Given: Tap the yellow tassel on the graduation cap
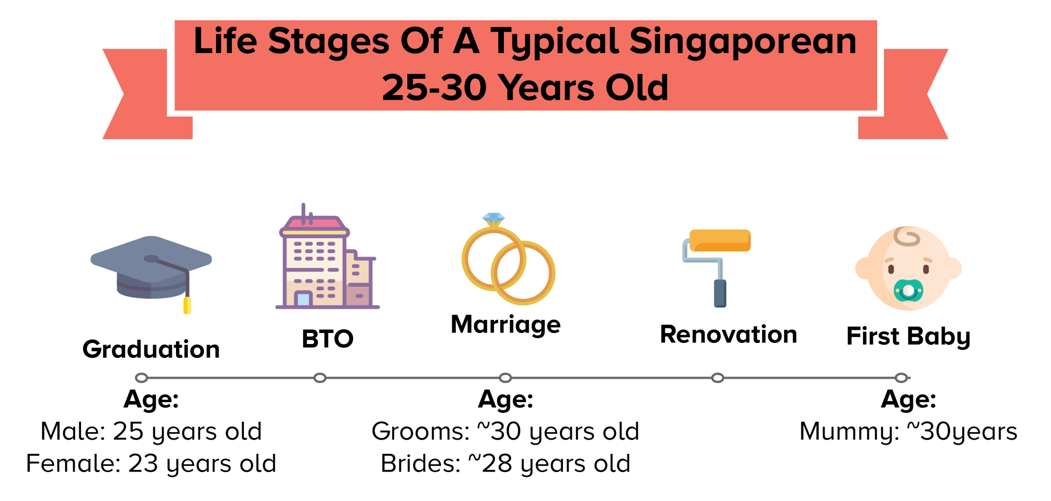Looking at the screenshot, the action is coord(187,306).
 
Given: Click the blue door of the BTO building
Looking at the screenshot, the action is coord(303,299).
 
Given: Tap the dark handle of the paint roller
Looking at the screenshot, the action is coord(720,294).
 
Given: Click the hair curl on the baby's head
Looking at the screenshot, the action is coord(907,237).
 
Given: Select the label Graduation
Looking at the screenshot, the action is coord(151,349).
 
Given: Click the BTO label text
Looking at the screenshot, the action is coord(327,339).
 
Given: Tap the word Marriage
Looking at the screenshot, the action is coord(506,325).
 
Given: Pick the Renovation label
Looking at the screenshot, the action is coord(728,335).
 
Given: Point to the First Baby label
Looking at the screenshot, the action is coord(908,337).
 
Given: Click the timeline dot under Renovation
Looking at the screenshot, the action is coord(718,378).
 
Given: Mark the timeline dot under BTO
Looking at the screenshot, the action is coord(320,378).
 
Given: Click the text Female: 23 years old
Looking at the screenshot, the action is coord(151,464).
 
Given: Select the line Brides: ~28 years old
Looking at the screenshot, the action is coord(506,464).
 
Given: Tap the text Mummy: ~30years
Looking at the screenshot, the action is coord(908,432).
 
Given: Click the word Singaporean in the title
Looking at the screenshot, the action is coord(743,41).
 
